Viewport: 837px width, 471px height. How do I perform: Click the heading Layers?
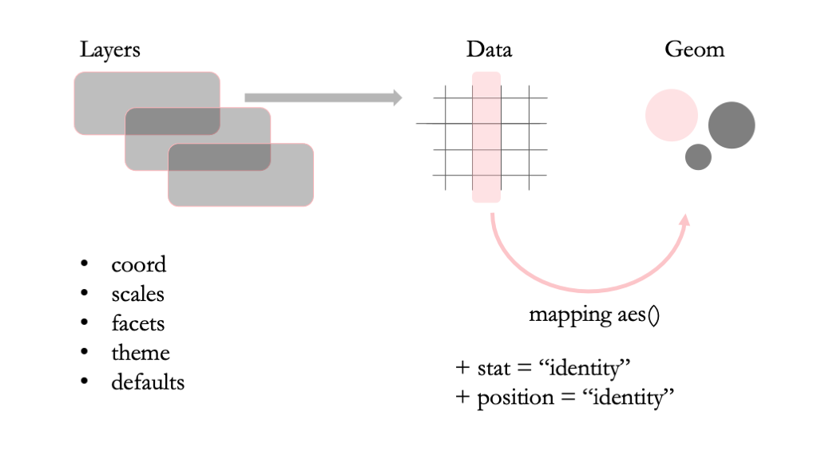coord(109,49)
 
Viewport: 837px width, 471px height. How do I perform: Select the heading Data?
coord(489,49)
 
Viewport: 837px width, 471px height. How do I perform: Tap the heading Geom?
coord(694,49)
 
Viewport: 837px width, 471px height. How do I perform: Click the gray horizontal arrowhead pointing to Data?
coord(395,97)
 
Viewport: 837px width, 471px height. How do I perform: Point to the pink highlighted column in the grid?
coord(486,137)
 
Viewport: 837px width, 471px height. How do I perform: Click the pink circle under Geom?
coord(672,115)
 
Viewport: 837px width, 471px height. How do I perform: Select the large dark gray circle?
coord(732,125)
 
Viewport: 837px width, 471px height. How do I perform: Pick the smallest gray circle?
coord(698,156)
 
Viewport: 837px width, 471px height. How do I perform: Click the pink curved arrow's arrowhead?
coord(684,220)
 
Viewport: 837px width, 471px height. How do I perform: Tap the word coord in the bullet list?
coord(139,265)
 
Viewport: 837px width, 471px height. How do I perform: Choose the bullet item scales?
coord(138,295)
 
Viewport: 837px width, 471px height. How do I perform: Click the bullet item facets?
coord(138,323)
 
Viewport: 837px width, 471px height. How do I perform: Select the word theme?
coord(141,353)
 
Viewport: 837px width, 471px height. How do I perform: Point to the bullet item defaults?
coord(148,382)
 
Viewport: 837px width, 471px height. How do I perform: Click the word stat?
coord(494,369)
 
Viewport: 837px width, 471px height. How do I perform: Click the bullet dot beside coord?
coord(84,264)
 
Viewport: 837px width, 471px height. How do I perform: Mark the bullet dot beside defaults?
coord(84,382)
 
